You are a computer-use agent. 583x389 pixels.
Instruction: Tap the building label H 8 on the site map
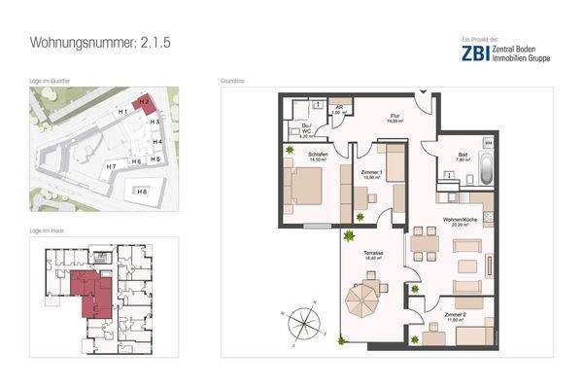pyautogui.click(x=144, y=193)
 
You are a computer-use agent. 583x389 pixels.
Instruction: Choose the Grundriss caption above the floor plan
pyautogui.click(x=232, y=81)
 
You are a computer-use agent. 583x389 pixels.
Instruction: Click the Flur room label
pyautogui.click(x=394, y=116)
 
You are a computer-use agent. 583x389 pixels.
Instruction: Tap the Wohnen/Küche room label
pyautogui.click(x=460, y=222)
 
